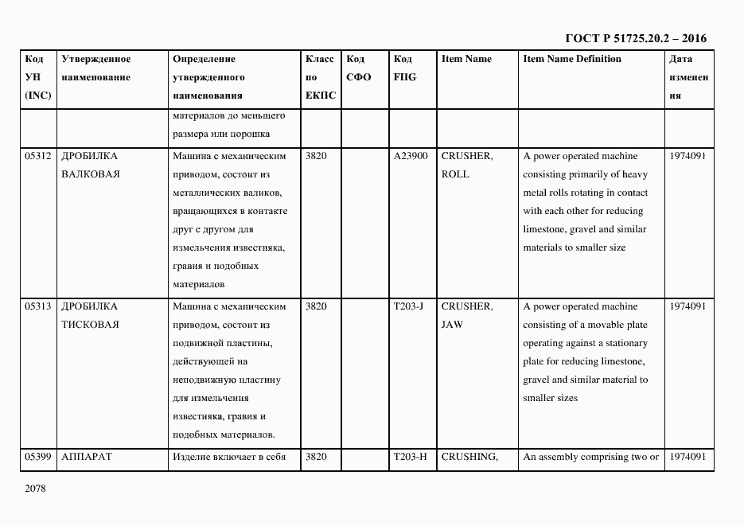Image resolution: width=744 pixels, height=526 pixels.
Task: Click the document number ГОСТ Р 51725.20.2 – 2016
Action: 636,38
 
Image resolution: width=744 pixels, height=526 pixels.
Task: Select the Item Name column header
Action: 466,60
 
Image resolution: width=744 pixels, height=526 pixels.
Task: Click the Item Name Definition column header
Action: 572,60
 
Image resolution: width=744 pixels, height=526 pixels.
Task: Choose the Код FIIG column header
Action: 404,68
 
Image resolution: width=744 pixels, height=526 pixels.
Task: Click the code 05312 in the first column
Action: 38,157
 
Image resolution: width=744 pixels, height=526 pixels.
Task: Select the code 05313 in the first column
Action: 38,306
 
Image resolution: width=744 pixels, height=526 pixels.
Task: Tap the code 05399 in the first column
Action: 38,457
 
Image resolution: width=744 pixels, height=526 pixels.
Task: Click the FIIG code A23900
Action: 411,157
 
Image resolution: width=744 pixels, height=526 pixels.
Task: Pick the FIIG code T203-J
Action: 407,306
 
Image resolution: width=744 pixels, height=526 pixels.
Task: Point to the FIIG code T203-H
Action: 410,457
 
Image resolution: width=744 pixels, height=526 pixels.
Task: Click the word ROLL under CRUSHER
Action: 454,174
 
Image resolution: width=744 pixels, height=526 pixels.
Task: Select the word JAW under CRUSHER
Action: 452,325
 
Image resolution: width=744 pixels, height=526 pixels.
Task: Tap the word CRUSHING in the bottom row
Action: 469,457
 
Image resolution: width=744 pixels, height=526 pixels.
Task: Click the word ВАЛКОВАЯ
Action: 90,174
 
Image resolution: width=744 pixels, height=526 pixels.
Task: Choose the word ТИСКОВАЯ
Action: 90,325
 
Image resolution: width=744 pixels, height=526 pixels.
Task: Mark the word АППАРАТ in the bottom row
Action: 87,457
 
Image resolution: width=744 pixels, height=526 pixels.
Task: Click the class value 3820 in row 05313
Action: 316,306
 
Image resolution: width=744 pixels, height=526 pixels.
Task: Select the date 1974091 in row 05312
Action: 688,157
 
